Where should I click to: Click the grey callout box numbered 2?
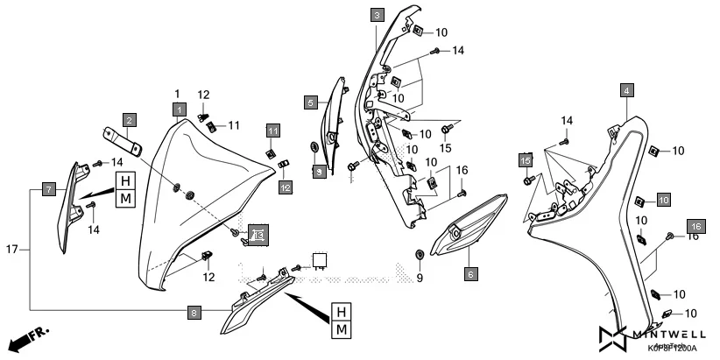coord(129,120)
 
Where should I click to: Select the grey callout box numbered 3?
coord(376,16)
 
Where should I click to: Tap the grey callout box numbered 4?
coord(626,90)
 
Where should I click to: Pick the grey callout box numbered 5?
coord(311,102)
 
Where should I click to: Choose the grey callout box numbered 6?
coord(469,274)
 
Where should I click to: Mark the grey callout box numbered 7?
coord(49,189)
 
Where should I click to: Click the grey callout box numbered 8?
coord(194,311)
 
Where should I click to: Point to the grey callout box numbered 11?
coord(272,131)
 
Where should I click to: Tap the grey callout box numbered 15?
coord(526,161)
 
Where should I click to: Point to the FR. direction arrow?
coord(26,337)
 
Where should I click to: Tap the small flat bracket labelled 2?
coord(122,138)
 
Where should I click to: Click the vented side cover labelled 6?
coord(473,226)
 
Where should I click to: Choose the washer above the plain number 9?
coord(418,255)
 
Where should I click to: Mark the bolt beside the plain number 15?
coord(446,129)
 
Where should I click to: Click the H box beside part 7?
coord(126,181)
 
